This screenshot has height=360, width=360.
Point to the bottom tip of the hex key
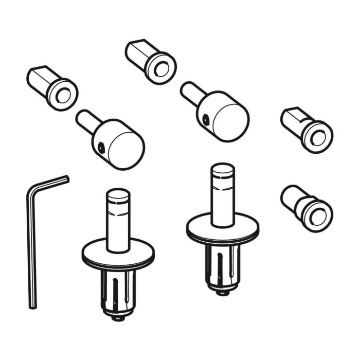tap(33, 306)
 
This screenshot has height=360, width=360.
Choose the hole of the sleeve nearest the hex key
tap(63, 95)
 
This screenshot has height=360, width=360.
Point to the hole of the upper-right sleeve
tap(317, 138)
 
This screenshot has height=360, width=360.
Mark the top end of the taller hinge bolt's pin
tap(222, 169)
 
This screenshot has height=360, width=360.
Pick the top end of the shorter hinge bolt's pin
tap(118, 194)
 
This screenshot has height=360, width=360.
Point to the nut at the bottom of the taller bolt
tap(222, 292)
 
